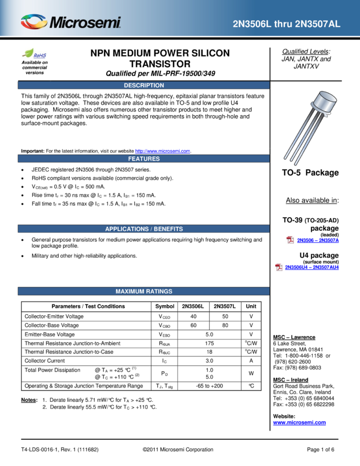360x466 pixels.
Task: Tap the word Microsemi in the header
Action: pos(85,22)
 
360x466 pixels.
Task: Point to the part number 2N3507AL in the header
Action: pos(321,24)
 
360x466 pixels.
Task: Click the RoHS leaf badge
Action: pos(35,54)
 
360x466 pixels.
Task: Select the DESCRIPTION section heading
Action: pos(144,86)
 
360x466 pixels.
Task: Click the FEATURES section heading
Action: pos(144,159)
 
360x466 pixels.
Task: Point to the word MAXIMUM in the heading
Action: pos(129,292)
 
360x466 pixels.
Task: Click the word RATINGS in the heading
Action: pos(159,292)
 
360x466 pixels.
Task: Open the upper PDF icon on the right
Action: pos(290,240)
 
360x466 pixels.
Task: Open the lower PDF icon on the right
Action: pos(279,268)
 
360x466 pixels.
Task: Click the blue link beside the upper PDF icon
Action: pos(318,241)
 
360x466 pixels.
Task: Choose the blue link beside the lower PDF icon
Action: pos(312,268)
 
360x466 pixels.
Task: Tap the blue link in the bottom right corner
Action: pos(299,423)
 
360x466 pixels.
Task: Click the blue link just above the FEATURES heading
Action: pos(162,151)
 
